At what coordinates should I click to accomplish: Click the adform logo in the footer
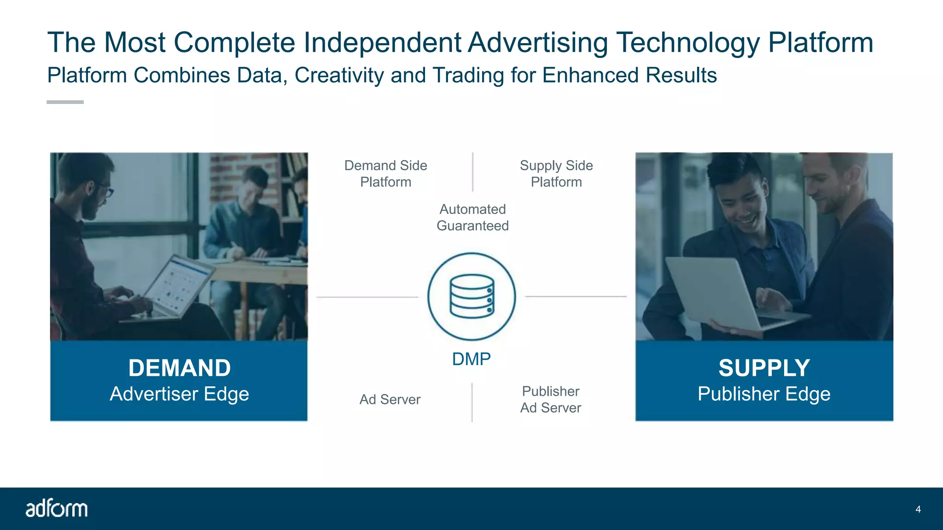click(x=56, y=508)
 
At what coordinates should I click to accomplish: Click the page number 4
click(x=918, y=509)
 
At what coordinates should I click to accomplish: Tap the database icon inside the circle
click(x=471, y=296)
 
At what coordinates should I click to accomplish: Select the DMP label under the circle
click(x=471, y=359)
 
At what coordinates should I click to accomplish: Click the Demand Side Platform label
click(x=386, y=173)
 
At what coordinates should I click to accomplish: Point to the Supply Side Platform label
click(x=556, y=173)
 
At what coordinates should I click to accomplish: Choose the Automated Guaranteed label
click(x=472, y=217)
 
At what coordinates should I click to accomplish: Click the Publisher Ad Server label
click(x=551, y=399)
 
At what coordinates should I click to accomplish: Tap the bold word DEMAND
click(x=180, y=368)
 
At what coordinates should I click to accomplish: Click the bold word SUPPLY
click(x=764, y=368)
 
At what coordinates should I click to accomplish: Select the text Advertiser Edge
click(x=180, y=394)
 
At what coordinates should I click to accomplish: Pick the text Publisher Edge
click(x=764, y=394)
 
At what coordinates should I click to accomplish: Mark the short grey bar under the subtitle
click(x=65, y=102)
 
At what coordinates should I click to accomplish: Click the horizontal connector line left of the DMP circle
click(x=367, y=297)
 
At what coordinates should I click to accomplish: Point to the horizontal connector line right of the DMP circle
click(x=576, y=297)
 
